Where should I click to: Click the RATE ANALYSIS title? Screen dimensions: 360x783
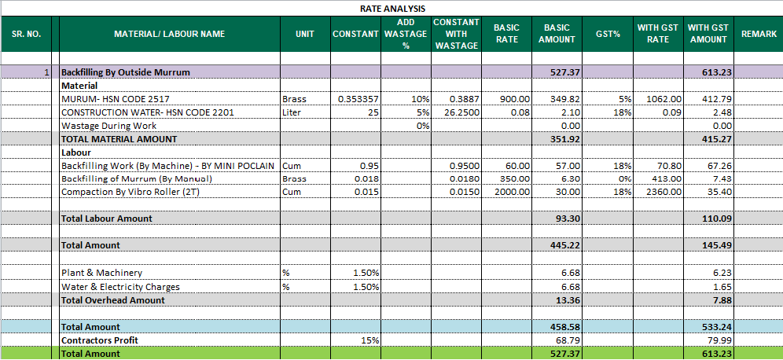391,8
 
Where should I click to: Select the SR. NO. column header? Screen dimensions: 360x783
26,35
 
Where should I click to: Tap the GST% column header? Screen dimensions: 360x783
608,35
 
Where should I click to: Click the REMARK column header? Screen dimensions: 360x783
759,35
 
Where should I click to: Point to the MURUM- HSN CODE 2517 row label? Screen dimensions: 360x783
115,100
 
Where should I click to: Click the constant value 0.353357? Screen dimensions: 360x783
358,100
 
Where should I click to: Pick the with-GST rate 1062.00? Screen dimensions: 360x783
664,100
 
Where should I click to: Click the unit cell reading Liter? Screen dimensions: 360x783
292,112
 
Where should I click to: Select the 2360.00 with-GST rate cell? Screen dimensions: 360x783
664,192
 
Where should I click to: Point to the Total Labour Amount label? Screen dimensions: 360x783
107,219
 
